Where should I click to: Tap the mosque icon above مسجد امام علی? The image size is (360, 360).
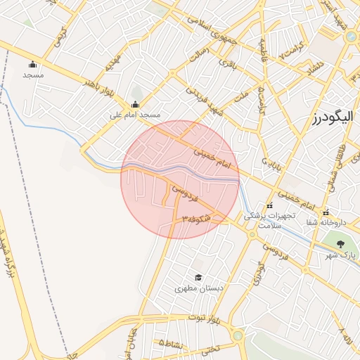coord(135,105)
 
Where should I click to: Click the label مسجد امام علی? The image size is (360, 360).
coord(135,114)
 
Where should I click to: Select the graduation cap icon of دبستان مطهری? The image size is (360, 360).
coord(198,278)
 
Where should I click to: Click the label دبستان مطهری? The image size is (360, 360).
coord(198,288)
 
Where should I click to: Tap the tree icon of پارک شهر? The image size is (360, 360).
coord(341,244)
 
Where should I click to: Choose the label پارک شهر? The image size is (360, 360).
coord(343,254)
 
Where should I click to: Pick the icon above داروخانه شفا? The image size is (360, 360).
coord(325,212)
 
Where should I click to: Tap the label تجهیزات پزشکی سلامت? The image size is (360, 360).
coord(262,221)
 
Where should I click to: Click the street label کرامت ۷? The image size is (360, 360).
coord(292,51)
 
